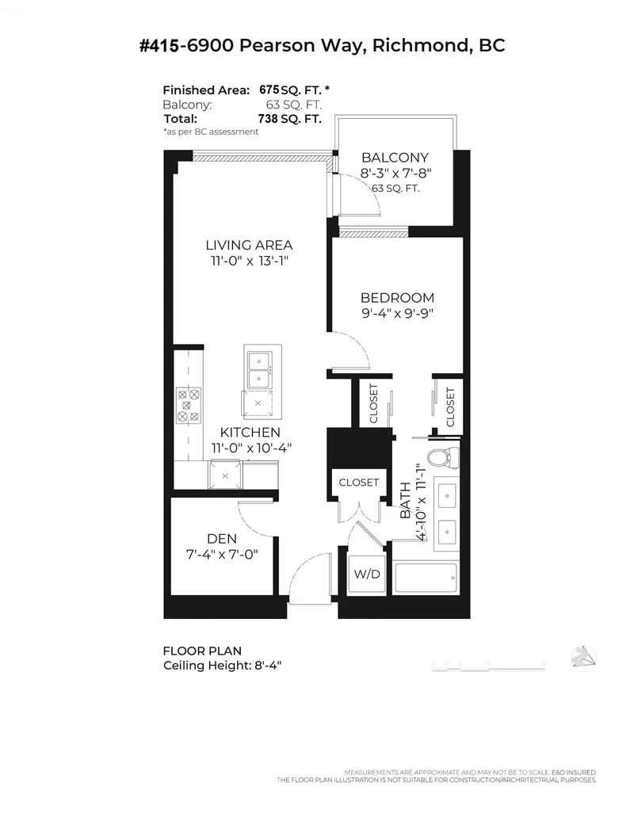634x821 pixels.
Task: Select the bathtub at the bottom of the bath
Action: coord(426,579)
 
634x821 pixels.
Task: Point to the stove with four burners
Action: coord(189,403)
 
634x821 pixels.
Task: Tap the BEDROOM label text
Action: coord(397,298)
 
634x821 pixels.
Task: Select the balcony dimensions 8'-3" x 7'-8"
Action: coord(395,173)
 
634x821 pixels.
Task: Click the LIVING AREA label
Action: coord(250,245)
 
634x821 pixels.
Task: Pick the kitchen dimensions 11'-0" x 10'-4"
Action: coord(251,448)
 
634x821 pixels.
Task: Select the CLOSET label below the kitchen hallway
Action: coord(359,482)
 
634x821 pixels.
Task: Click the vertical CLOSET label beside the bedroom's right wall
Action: coord(450,407)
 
